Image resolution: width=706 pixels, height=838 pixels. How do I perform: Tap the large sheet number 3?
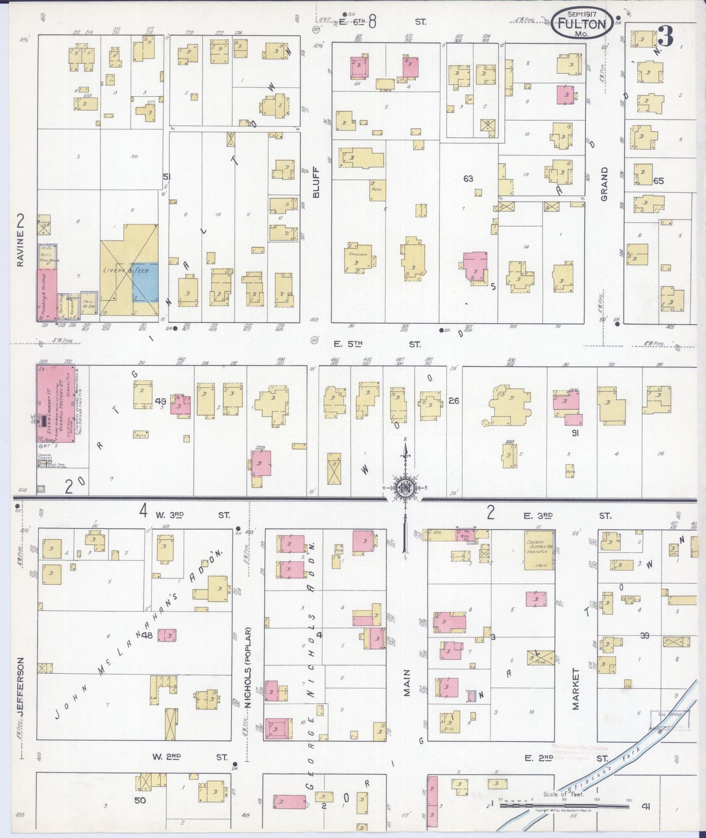(665, 36)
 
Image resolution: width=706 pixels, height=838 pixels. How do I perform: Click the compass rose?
(405, 487)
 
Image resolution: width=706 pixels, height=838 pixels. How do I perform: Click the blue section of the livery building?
(146, 288)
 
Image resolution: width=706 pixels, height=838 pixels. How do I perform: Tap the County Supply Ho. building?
(539, 550)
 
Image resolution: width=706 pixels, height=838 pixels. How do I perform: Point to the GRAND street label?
(604, 184)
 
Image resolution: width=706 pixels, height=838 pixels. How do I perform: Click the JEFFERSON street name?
(20, 687)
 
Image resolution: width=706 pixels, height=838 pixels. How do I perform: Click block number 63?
(468, 179)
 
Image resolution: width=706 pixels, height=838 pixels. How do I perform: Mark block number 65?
(658, 181)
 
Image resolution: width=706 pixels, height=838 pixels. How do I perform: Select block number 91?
(575, 433)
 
